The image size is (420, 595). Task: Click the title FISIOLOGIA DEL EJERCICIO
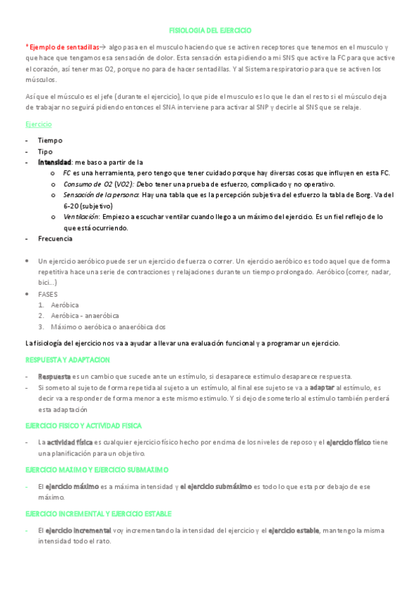(x=210, y=31)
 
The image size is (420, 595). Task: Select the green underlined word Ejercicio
(x=39, y=123)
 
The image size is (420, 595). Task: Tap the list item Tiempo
(x=50, y=140)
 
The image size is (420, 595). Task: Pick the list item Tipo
(x=45, y=151)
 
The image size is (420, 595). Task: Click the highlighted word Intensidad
(x=55, y=161)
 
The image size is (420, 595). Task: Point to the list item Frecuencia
(x=55, y=239)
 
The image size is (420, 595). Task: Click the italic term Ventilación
(x=81, y=217)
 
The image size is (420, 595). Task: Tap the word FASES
(x=48, y=294)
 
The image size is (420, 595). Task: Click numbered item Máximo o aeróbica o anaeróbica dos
(x=108, y=326)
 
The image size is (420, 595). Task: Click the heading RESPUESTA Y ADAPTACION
(x=67, y=359)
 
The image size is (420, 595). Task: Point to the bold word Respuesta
(x=54, y=376)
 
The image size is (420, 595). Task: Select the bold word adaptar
(x=321, y=387)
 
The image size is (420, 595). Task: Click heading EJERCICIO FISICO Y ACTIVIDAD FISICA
(x=83, y=425)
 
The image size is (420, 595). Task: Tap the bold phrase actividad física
(x=69, y=442)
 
